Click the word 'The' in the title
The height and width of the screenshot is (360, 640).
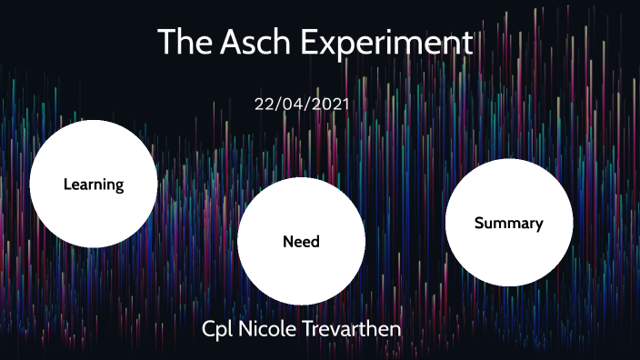(185, 43)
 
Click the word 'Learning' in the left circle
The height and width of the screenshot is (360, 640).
(93, 185)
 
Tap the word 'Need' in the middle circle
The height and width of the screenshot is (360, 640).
(301, 242)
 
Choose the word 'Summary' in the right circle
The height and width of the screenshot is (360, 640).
(508, 223)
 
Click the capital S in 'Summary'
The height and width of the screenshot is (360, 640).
(479, 223)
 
